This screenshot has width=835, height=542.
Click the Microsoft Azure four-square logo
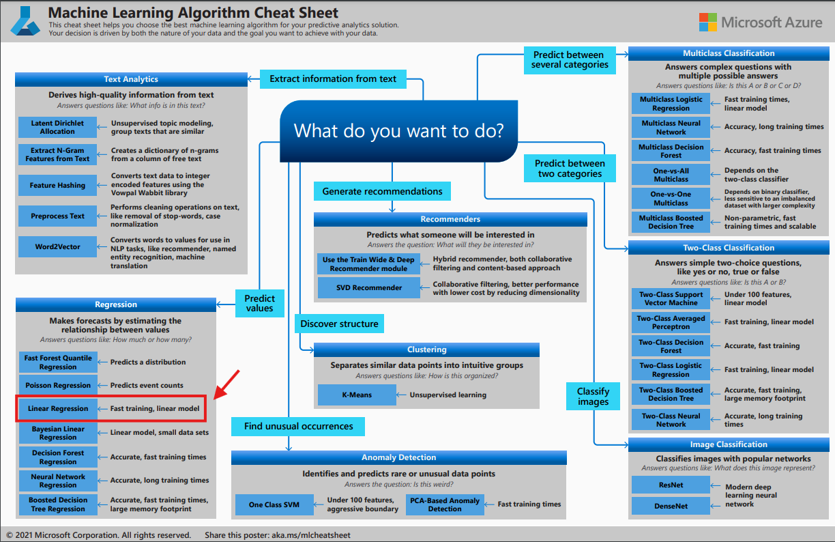707,23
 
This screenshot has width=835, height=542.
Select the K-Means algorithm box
356,395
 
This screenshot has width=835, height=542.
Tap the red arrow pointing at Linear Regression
227,384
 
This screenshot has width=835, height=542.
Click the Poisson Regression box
57,385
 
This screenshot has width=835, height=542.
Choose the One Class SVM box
274,504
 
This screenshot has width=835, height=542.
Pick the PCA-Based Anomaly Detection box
445,504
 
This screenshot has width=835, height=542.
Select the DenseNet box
671,506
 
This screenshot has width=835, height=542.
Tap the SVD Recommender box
369,287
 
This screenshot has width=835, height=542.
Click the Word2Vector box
57,246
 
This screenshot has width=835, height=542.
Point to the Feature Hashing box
57,185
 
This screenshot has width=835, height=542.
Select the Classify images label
593,397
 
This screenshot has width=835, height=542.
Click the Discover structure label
339,324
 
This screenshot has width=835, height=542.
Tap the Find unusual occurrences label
299,427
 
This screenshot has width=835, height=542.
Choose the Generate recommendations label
382,191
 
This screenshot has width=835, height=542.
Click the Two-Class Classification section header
729,248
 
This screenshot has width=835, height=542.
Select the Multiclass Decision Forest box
671,151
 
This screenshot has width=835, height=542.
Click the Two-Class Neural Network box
671,420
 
